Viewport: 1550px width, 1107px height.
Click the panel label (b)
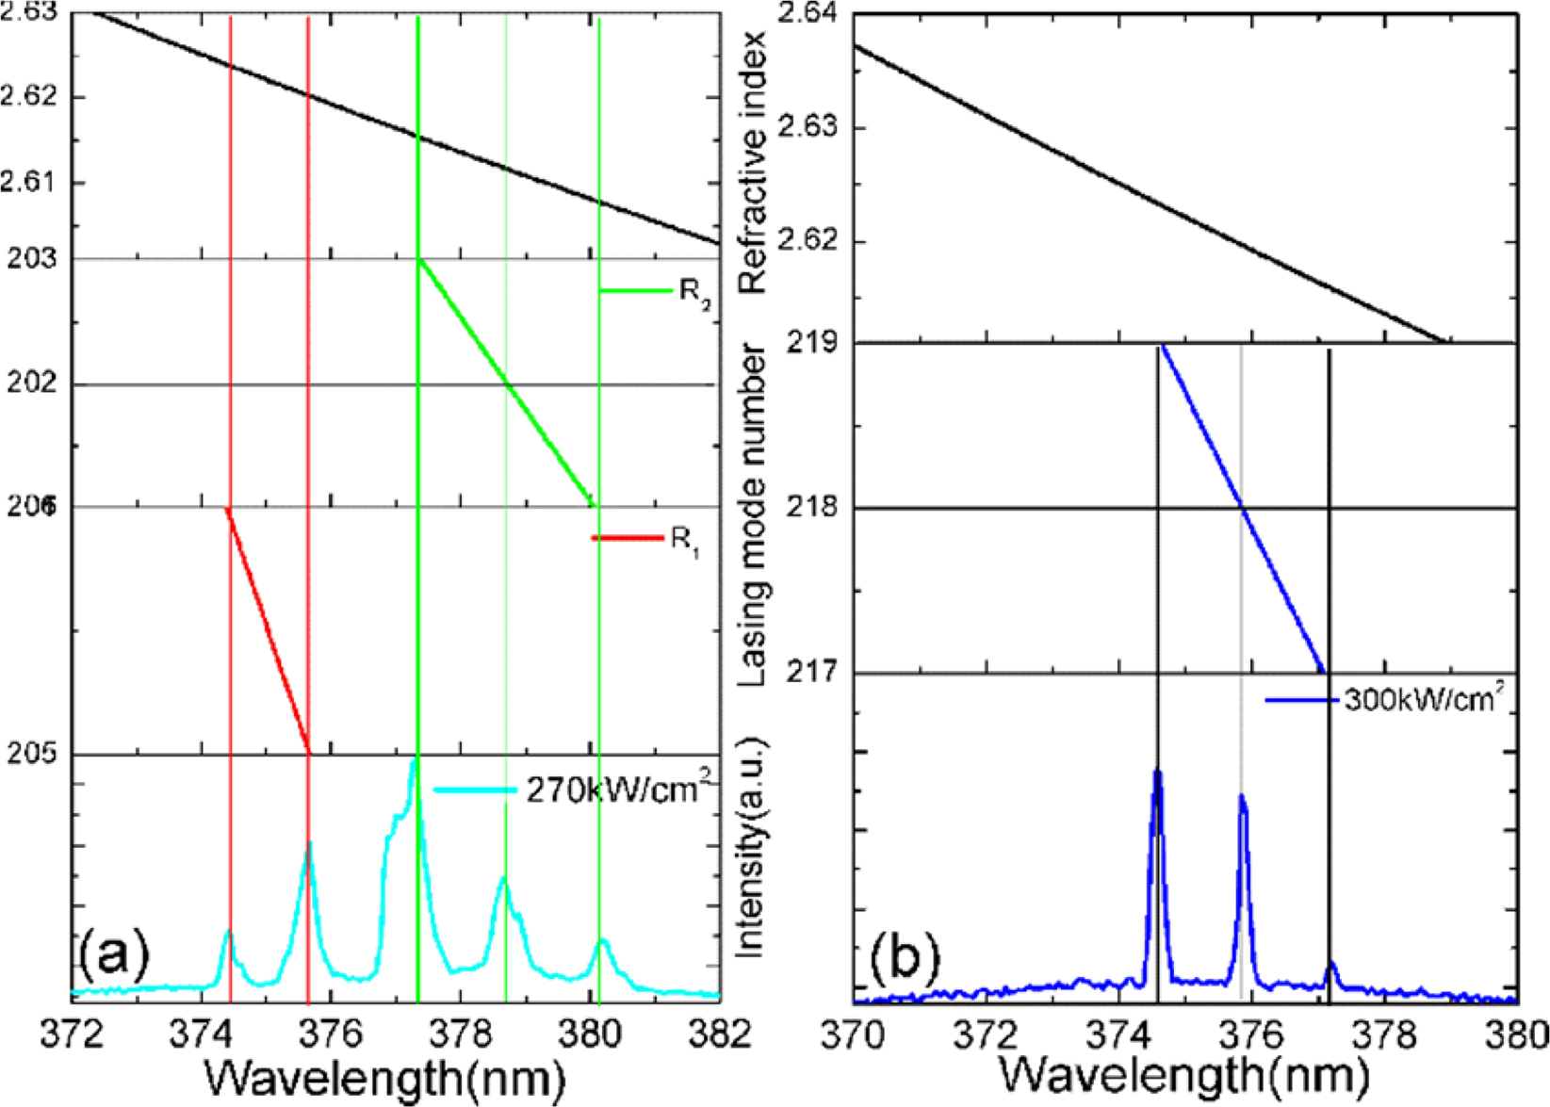pyautogui.click(x=906, y=957)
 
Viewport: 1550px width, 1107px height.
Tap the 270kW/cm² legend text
pyautogui.click(x=618, y=789)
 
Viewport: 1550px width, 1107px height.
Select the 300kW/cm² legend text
pyautogui.click(x=1423, y=700)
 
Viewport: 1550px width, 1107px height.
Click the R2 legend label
pyautogui.click(x=694, y=293)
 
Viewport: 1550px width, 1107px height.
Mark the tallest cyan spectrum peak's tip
pyautogui.click(x=414, y=759)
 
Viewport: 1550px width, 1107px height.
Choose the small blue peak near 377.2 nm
pyautogui.click(x=1331, y=965)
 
